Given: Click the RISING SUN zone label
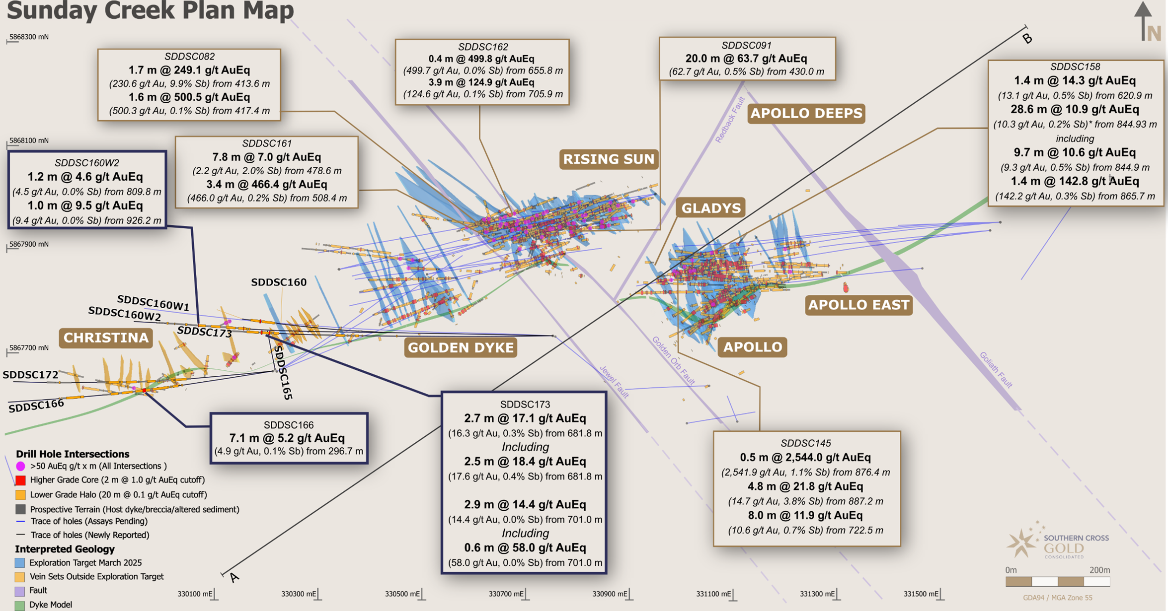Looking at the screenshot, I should point(609,159).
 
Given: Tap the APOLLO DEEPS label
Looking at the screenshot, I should point(806,113).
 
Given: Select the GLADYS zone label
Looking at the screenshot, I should point(710,208).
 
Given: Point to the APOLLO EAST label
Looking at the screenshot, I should point(858,305).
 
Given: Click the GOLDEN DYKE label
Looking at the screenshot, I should point(461,347).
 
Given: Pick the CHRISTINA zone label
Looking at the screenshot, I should point(106,338).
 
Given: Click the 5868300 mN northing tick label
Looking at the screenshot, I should point(29,37).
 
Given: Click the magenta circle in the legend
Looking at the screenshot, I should point(20,466).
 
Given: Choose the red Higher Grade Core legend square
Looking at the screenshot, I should point(20,480).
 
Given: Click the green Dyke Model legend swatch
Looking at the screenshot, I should point(20,605).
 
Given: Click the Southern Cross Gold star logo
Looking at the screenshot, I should point(1021,542).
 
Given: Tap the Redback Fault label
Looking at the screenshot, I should point(730,120).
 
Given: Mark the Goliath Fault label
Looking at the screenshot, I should point(996,370).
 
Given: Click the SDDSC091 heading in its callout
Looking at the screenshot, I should point(746,46).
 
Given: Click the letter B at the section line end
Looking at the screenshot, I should point(1027,38).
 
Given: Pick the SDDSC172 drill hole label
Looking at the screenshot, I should point(30,375).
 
